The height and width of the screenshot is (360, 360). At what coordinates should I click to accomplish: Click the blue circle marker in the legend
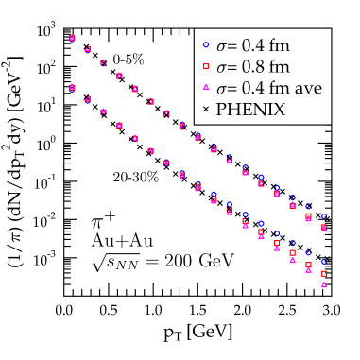click(x=205, y=43)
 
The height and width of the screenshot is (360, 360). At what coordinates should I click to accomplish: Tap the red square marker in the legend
click(x=205, y=66)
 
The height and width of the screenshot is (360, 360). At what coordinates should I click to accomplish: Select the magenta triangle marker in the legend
click(x=205, y=88)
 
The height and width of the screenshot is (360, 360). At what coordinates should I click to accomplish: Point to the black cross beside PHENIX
click(x=205, y=110)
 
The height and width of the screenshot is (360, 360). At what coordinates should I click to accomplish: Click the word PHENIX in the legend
click(x=250, y=110)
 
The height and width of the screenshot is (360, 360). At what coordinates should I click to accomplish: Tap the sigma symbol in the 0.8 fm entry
click(x=221, y=67)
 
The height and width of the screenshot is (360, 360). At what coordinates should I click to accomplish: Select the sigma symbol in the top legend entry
click(x=221, y=44)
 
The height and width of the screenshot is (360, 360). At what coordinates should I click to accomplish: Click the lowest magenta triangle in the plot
click(x=324, y=285)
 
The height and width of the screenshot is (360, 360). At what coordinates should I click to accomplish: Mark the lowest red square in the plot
click(x=324, y=274)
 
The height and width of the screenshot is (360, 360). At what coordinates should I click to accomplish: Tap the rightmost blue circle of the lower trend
click(x=324, y=261)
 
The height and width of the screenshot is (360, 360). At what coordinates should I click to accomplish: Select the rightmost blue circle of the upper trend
click(x=324, y=216)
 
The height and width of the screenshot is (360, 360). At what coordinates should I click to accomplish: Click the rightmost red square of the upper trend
click(x=324, y=228)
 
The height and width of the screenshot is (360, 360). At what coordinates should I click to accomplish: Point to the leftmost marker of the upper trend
click(x=72, y=39)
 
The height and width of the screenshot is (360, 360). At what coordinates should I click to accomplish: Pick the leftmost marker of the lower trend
click(x=72, y=88)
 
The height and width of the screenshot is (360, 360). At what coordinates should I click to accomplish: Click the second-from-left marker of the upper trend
click(x=87, y=49)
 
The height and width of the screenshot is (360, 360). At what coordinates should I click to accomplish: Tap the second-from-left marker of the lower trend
click(x=87, y=98)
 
